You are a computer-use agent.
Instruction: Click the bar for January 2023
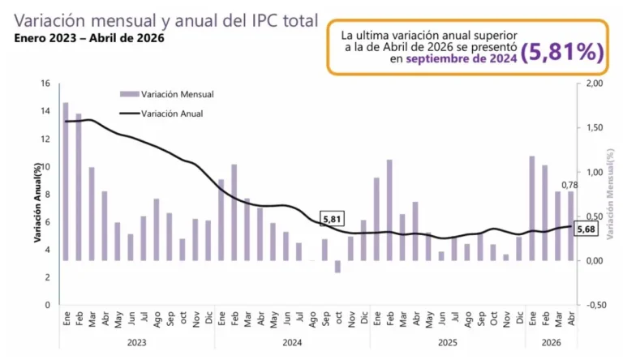pyautogui.click(x=66, y=182)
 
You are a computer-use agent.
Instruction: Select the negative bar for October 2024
pyautogui.click(x=337, y=267)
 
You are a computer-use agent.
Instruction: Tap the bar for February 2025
pyautogui.click(x=389, y=210)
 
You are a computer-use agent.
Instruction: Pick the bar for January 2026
pyautogui.click(x=532, y=208)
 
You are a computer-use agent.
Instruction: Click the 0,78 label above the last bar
pyautogui.click(x=569, y=185)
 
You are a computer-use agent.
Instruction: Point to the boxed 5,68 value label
pyautogui.click(x=586, y=229)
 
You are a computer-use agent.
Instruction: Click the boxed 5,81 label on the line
pyautogui.click(x=332, y=219)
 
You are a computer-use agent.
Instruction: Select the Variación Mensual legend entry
pyautogui.click(x=167, y=94)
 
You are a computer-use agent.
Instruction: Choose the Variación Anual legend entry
pyautogui.click(x=161, y=114)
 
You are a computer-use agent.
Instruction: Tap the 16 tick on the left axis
pyautogui.click(x=45, y=84)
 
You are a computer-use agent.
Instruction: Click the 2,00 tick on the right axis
pyautogui.click(x=595, y=84)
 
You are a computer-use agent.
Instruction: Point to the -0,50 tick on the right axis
pyautogui.click(x=594, y=305)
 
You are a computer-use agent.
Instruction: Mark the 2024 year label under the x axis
pyautogui.click(x=292, y=342)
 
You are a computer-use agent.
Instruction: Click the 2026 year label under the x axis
pyautogui.click(x=551, y=342)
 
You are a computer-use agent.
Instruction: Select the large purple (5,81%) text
pyautogui.click(x=562, y=52)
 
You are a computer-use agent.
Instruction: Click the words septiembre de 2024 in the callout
pyautogui.click(x=462, y=59)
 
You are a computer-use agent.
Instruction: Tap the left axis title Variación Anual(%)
pyautogui.click(x=37, y=202)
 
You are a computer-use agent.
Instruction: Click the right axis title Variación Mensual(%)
pyautogui.click(x=610, y=194)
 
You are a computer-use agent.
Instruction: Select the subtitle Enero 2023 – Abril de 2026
pyautogui.click(x=89, y=38)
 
